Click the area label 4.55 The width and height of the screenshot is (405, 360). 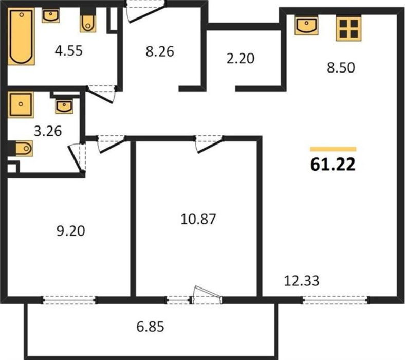click(69, 50)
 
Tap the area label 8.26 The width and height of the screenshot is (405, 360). click(160, 51)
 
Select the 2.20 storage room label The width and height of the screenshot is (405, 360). click(241, 59)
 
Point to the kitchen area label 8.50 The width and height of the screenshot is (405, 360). click(341, 68)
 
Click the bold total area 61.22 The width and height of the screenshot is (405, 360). click(333, 165)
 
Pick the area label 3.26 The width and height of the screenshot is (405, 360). click(48, 131)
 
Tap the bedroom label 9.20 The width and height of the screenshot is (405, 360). click(71, 231)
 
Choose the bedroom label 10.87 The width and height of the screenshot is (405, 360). click(198, 219)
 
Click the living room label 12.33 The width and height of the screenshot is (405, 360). click(302, 281)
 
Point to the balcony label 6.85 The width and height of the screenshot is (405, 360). click(150, 327)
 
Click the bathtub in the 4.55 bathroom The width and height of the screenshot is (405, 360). click(22, 37)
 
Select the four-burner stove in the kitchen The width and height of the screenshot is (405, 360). click(348, 28)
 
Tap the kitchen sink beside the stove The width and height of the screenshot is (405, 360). click(307, 25)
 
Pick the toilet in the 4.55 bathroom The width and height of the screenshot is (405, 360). click(88, 23)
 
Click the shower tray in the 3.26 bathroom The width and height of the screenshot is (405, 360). click(21, 105)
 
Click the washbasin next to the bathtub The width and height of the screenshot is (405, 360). click(51, 15)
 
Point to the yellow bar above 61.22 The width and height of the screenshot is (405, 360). click(333, 149)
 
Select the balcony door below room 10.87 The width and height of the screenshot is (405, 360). click(206, 295)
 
